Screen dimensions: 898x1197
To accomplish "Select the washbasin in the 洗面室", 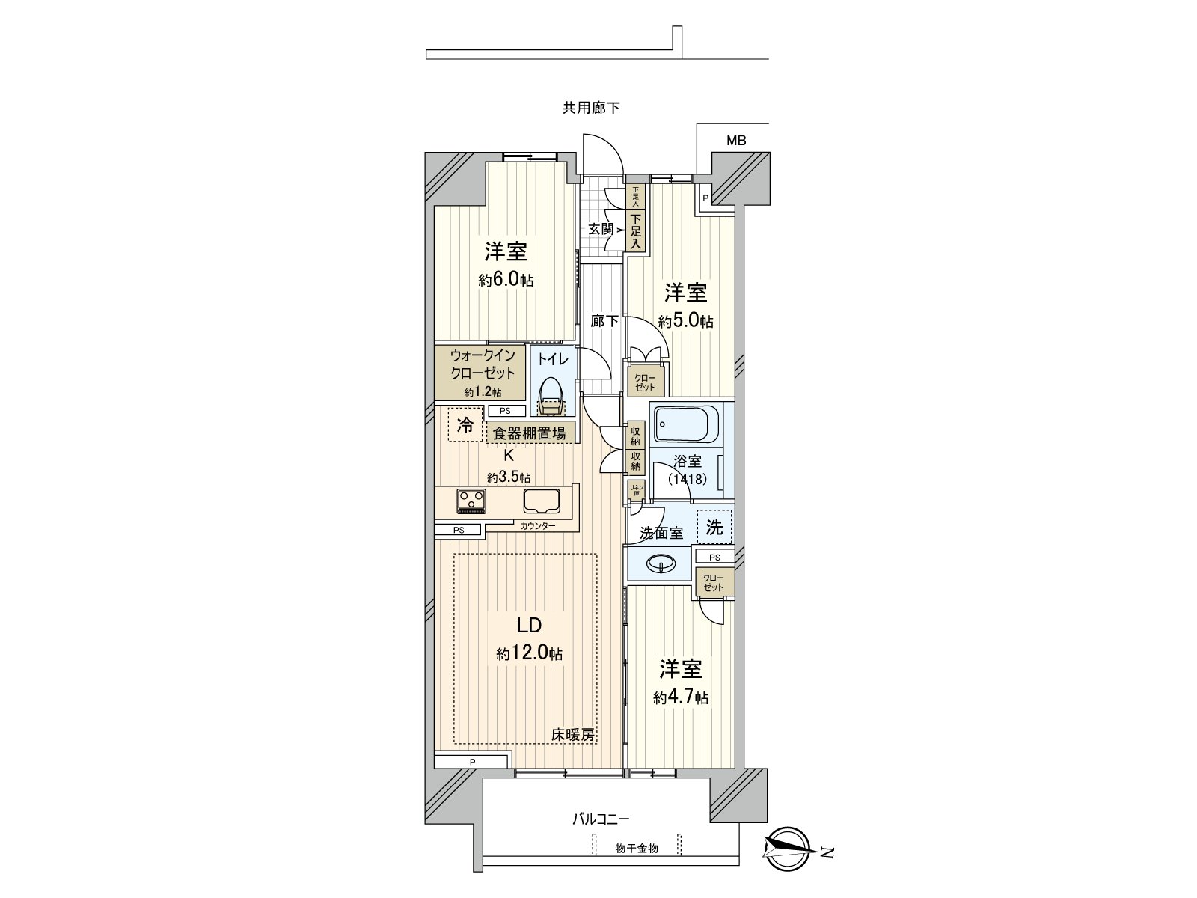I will pos(661,563).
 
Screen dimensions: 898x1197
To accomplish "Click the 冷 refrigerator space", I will pos(465,427).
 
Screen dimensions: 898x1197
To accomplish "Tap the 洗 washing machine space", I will pos(714,527).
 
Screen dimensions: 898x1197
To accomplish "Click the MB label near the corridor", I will pos(736,141).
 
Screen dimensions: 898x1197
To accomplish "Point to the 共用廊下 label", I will pos(591,108).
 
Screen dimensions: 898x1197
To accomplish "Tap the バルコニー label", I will pos(601,819).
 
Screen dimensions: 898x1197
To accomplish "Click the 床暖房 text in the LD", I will pos(574,735).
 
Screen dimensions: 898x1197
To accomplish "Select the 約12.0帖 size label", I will pos(529,653).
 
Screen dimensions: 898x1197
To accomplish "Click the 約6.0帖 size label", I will pos(506,281).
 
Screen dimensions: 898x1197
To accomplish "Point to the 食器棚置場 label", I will pos(529,433).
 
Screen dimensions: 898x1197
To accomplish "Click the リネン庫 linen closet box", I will pos(635,490).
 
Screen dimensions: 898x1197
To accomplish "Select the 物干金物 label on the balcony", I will pos(637,848).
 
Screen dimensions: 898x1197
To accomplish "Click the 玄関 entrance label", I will pos(600,229).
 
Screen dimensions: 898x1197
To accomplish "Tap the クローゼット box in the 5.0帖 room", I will pos(646,382).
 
